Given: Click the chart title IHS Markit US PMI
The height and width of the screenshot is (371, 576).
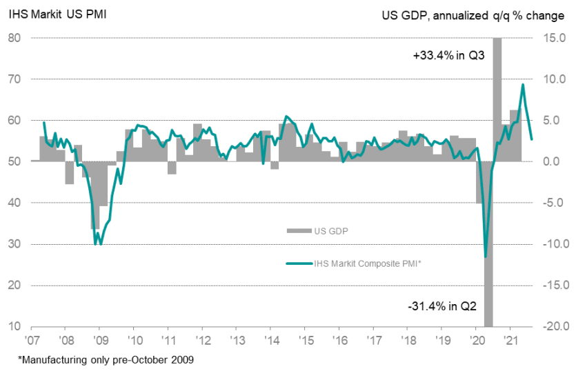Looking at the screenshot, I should [58, 14].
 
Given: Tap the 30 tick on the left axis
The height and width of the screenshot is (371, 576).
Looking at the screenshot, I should [15, 244].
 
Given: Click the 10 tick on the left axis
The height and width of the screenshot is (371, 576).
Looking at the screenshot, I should [15, 326].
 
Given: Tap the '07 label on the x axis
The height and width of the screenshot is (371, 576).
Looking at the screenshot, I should [32, 341].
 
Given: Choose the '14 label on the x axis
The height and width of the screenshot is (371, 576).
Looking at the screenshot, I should [270, 341].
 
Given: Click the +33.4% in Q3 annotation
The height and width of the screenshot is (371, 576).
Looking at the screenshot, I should [448, 57].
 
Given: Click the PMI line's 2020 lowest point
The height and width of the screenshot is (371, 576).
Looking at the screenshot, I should [486, 257].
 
